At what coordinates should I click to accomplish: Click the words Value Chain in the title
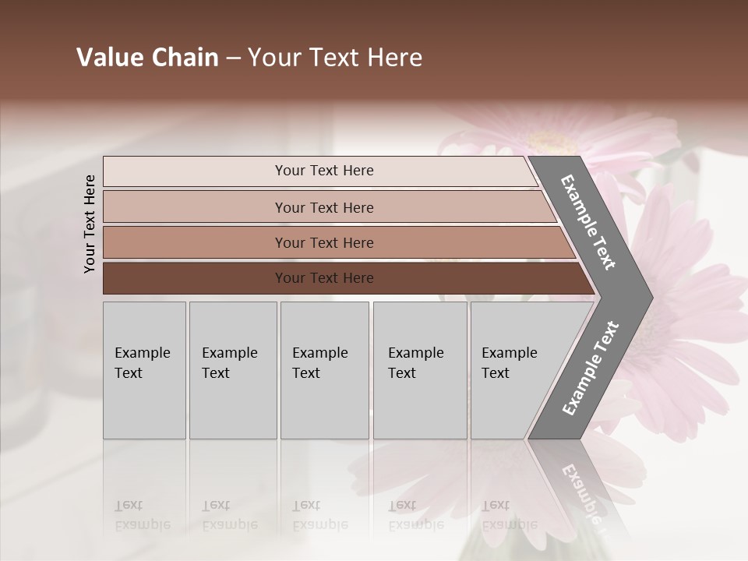pos(147,58)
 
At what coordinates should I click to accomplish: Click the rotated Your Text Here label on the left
pos(90,224)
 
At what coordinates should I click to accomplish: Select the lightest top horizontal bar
pos(195,171)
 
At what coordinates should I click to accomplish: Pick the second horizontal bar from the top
pos(195,207)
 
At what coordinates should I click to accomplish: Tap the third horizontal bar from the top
pos(195,242)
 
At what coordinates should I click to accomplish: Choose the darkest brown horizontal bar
pos(195,278)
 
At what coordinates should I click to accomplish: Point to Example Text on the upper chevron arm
pos(589,223)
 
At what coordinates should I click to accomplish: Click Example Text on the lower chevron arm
pos(591,369)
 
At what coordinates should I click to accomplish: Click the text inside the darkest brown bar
pos(324,278)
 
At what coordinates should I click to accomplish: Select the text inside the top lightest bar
pos(324,171)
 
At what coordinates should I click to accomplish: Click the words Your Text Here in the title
pos(335,58)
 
